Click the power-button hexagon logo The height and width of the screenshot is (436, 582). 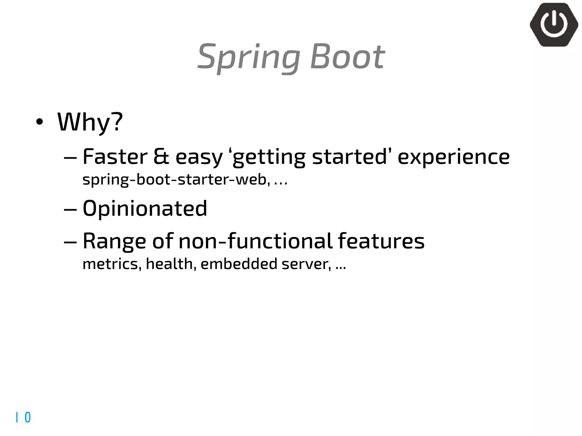point(554,25)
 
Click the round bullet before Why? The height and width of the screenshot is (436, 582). point(40,122)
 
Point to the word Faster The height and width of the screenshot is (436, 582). point(115,157)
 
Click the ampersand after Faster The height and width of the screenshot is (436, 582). point(161,157)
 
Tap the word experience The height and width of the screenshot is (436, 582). point(454,157)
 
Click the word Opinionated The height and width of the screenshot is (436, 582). point(145,208)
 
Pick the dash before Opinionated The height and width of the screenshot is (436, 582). point(70,209)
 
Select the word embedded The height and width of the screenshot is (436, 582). point(239,264)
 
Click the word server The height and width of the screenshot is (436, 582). point(306,264)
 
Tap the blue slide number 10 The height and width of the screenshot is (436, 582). point(23,417)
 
